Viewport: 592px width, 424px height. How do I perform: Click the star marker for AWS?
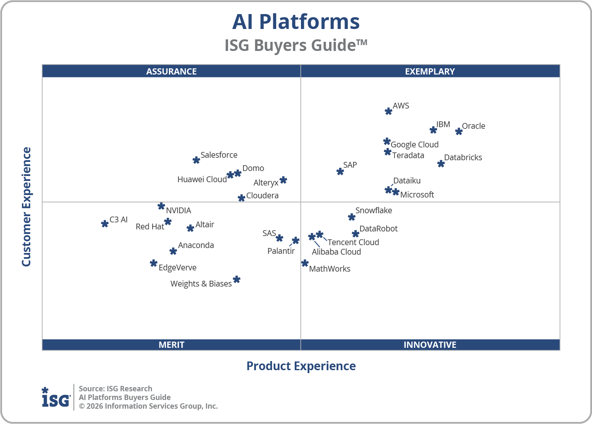(x=388, y=111)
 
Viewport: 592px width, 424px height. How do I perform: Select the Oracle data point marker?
(x=459, y=131)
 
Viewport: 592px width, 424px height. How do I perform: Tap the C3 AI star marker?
(x=105, y=224)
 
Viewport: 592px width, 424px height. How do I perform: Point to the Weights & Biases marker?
(x=236, y=279)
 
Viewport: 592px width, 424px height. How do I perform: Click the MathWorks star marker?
(x=305, y=263)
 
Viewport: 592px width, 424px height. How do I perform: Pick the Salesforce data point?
(x=196, y=160)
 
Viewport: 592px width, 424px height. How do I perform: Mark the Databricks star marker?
(x=441, y=164)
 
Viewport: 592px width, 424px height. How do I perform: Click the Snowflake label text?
(x=373, y=210)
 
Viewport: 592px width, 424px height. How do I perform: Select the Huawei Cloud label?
(x=202, y=179)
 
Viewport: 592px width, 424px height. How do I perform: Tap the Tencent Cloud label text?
(x=353, y=242)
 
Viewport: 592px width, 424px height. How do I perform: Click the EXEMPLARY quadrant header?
(x=430, y=71)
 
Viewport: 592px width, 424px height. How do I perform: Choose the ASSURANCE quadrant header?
(x=171, y=71)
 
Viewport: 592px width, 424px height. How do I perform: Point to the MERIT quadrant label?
(x=171, y=344)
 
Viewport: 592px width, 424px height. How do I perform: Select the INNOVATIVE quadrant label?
(x=430, y=344)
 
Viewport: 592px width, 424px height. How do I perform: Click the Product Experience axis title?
(x=301, y=366)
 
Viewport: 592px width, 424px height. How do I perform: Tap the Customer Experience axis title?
(x=26, y=207)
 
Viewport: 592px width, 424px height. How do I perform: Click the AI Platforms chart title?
(x=296, y=22)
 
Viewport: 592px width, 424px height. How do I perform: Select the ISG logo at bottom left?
(x=56, y=398)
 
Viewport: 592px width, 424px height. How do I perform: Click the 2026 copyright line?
(x=148, y=406)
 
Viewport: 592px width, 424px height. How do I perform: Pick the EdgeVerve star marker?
(x=154, y=263)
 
